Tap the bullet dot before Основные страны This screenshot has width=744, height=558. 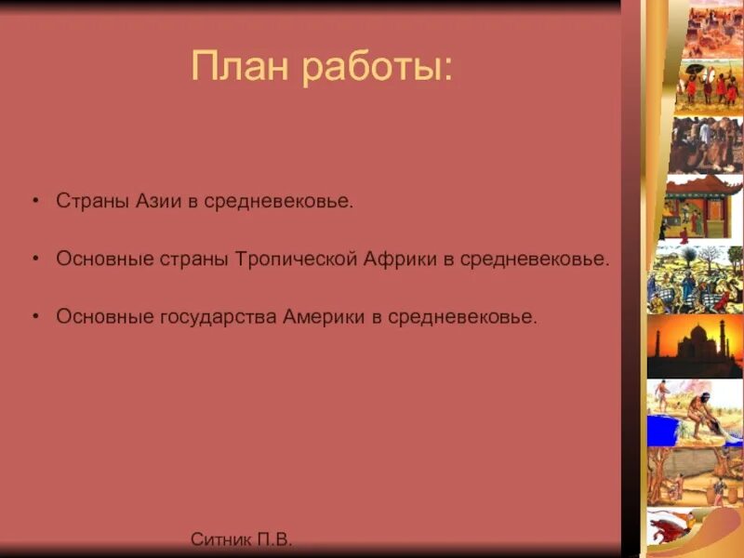tap(35, 259)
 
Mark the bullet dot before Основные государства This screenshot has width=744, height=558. tap(35, 317)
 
